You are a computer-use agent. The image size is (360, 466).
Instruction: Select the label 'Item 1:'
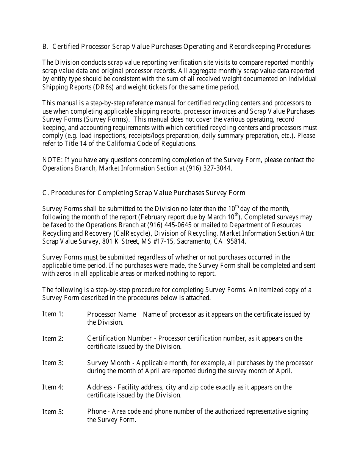coord(53,314)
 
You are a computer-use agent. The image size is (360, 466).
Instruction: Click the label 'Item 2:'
coord(53,338)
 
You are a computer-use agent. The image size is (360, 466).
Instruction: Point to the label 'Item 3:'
coord(53,363)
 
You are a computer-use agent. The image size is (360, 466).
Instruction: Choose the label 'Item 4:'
coord(53,387)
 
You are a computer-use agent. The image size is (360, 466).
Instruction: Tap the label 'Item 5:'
coord(53,411)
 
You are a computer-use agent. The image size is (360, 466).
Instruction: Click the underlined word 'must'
coord(91,258)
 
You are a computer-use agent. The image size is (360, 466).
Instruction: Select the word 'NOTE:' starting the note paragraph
coord(52,160)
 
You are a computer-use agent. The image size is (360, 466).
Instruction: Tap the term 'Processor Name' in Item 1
coord(111,314)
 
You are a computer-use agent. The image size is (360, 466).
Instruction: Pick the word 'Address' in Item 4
coord(99,387)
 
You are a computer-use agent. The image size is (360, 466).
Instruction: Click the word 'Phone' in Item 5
coord(96,411)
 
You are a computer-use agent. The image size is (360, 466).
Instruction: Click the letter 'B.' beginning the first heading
coord(45,47)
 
